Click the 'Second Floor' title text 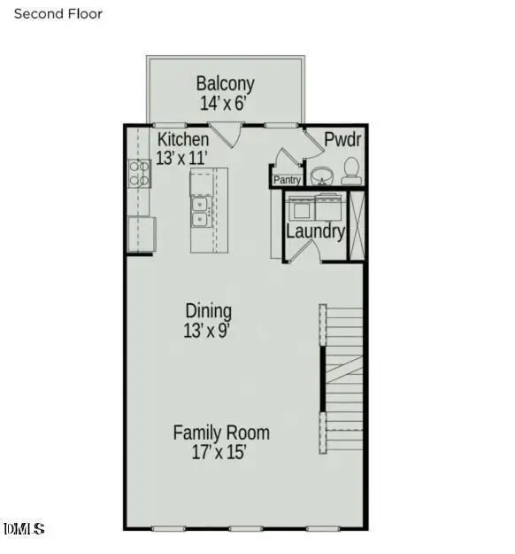click(x=58, y=14)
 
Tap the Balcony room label click(x=225, y=84)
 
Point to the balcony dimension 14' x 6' click(x=225, y=103)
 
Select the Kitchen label click(x=183, y=140)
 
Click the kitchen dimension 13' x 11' click(x=181, y=159)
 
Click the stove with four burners click(x=139, y=172)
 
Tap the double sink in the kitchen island click(x=200, y=214)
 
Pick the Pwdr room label click(x=342, y=140)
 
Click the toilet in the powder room click(x=350, y=170)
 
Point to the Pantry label click(x=287, y=180)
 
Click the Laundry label click(x=315, y=231)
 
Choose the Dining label click(x=208, y=311)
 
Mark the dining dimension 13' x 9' click(x=208, y=331)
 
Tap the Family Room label click(x=220, y=433)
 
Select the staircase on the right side click(x=342, y=378)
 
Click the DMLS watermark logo click(x=24, y=529)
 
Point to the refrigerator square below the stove click(x=142, y=234)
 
